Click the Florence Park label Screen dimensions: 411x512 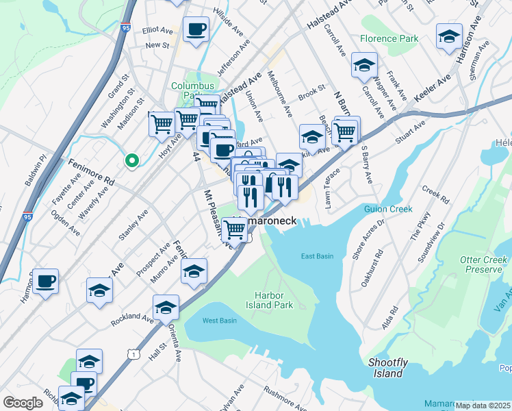coord(389,39)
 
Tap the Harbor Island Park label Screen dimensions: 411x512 coord(274,300)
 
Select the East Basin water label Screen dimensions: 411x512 coord(317,256)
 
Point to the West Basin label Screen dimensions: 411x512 coord(220,321)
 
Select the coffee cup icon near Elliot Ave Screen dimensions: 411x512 coord(196,29)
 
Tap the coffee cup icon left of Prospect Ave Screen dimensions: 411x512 coord(45,281)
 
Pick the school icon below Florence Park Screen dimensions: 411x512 coord(364,66)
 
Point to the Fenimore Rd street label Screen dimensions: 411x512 coord(90,172)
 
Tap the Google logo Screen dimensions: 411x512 coord(23,403)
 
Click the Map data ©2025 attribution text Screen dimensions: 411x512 coord(483,406)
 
